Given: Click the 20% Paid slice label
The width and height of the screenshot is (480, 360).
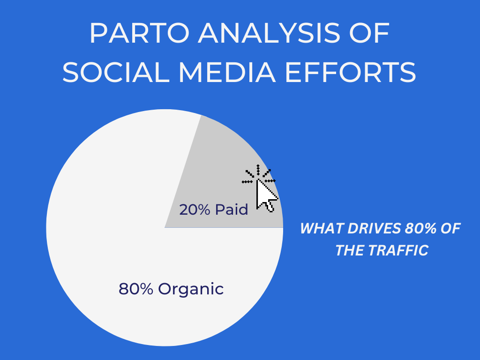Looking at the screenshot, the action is click(214, 210).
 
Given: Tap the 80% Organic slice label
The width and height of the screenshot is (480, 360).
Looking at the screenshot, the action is click(171, 289).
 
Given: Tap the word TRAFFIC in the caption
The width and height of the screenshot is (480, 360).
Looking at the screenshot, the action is click(397, 250).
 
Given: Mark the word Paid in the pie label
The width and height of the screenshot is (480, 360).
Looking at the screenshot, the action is click(232, 210).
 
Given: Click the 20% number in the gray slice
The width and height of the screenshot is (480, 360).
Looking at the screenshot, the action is click(195, 210).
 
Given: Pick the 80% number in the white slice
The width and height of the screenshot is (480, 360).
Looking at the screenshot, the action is click(135, 289).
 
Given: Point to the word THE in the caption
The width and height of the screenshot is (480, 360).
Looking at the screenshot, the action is click(349, 250).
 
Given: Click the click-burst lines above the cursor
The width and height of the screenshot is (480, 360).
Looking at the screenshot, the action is click(258, 175).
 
